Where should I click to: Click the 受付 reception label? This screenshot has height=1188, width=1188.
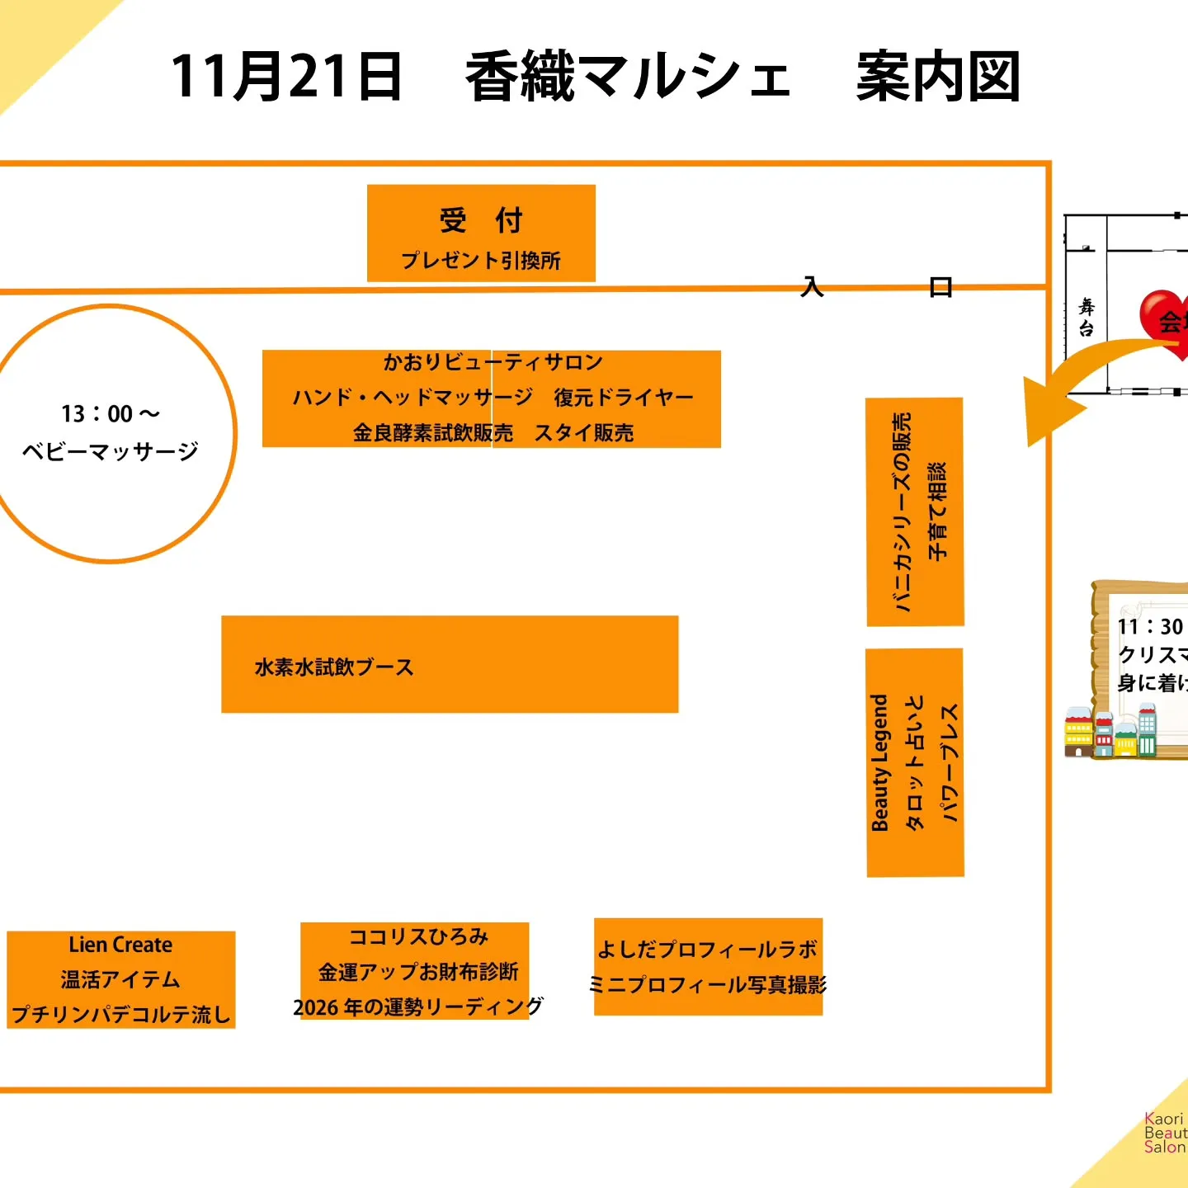[481, 221]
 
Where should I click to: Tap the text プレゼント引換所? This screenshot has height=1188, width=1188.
[481, 261]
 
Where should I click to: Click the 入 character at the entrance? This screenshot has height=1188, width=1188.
[813, 287]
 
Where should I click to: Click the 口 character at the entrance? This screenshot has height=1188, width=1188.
[940, 287]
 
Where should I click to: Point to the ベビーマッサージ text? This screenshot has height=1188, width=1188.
[110, 451]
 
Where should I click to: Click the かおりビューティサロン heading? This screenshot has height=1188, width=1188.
[493, 362]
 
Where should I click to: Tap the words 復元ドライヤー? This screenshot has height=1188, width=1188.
[624, 398]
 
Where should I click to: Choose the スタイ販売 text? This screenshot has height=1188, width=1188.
[584, 433]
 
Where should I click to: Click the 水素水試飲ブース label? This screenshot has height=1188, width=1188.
[334, 667]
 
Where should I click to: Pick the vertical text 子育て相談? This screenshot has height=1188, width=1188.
[937, 511]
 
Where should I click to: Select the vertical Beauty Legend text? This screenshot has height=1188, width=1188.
[880, 762]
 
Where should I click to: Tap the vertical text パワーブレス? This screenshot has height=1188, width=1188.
[950, 762]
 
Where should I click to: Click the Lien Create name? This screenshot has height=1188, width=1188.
[120, 945]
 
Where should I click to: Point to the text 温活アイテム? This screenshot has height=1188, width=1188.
[120, 979]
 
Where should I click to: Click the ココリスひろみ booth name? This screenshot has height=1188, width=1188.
[418, 937]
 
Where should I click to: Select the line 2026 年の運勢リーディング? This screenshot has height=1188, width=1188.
[418, 1007]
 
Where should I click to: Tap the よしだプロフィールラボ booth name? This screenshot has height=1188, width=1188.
[707, 950]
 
